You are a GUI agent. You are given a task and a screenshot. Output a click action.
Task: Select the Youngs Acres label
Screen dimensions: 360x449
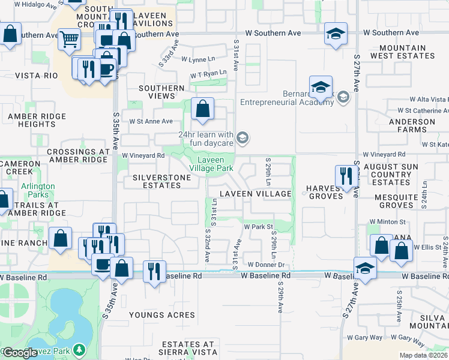click(x=161, y=315)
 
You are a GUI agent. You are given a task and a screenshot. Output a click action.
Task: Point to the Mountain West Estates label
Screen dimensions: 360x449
click(x=399, y=52)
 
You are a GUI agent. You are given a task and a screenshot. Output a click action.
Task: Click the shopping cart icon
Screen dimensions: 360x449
click(x=69, y=40)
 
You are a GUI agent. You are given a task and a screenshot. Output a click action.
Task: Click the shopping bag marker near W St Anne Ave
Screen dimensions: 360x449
click(x=203, y=109)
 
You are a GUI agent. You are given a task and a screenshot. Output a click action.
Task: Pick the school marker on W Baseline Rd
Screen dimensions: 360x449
click(x=365, y=268)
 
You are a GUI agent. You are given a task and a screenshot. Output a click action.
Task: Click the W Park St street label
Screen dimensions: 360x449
click(x=258, y=227)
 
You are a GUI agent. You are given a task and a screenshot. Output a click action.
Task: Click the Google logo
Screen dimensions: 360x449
click(x=19, y=353)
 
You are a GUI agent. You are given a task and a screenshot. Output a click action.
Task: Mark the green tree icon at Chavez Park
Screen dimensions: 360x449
click(x=79, y=350)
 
